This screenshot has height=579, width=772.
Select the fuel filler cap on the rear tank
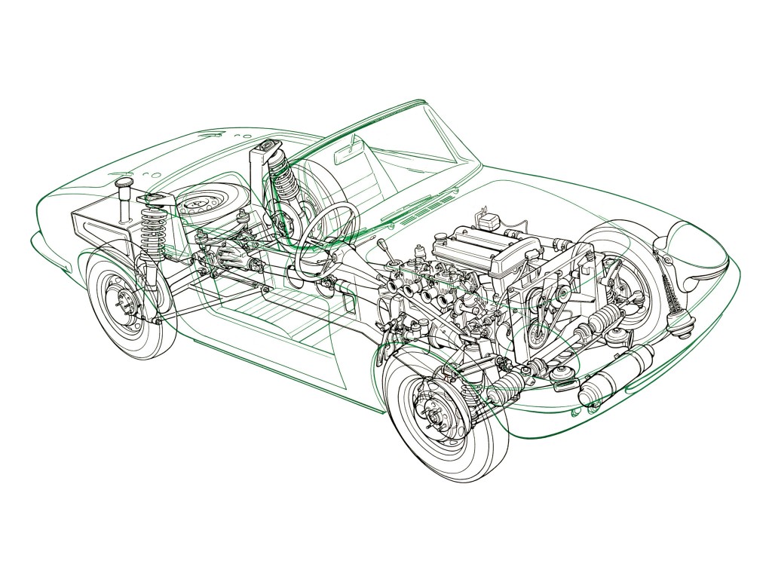(124, 186)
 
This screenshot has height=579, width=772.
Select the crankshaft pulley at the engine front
(540, 331)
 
